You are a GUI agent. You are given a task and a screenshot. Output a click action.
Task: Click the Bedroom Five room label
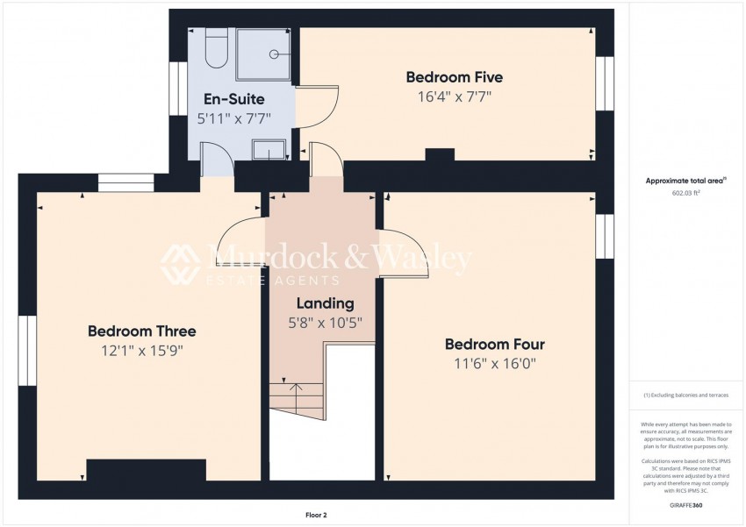click(454, 77)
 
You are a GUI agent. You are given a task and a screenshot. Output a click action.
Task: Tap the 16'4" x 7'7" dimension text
click(454, 96)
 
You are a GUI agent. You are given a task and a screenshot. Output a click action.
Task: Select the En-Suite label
click(233, 99)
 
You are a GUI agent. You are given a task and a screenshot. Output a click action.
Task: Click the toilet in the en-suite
click(217, 47)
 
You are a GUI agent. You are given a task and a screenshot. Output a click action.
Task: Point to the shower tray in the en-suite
click(267, 51)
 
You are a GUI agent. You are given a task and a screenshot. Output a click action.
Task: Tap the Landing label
click(324, 303)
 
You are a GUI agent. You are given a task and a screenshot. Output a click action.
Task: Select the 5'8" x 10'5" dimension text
click(324, 322)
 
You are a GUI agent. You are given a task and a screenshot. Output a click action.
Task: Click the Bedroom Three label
click(141, 331)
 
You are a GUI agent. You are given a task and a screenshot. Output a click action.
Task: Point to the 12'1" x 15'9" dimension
click(141, 351)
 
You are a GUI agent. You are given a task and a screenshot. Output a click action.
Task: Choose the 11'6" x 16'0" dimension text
click(495, 362)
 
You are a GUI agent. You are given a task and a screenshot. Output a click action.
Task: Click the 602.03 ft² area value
click(686, 193)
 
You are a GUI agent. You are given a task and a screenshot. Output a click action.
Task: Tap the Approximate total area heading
click(686, 181)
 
